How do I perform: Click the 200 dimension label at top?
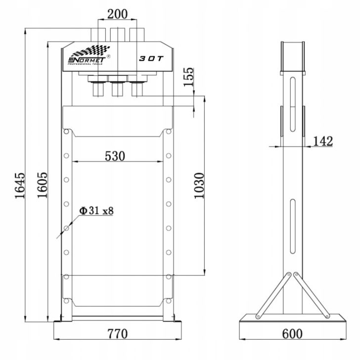(117, 14)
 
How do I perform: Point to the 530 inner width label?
(115, 156)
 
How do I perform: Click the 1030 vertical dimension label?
(199, 185)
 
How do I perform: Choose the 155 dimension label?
(188, 77)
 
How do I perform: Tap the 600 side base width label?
(292, 333)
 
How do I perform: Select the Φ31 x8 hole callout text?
(96, 211)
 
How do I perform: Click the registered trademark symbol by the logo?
(108, 56)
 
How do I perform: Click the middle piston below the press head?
(117, 88)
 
